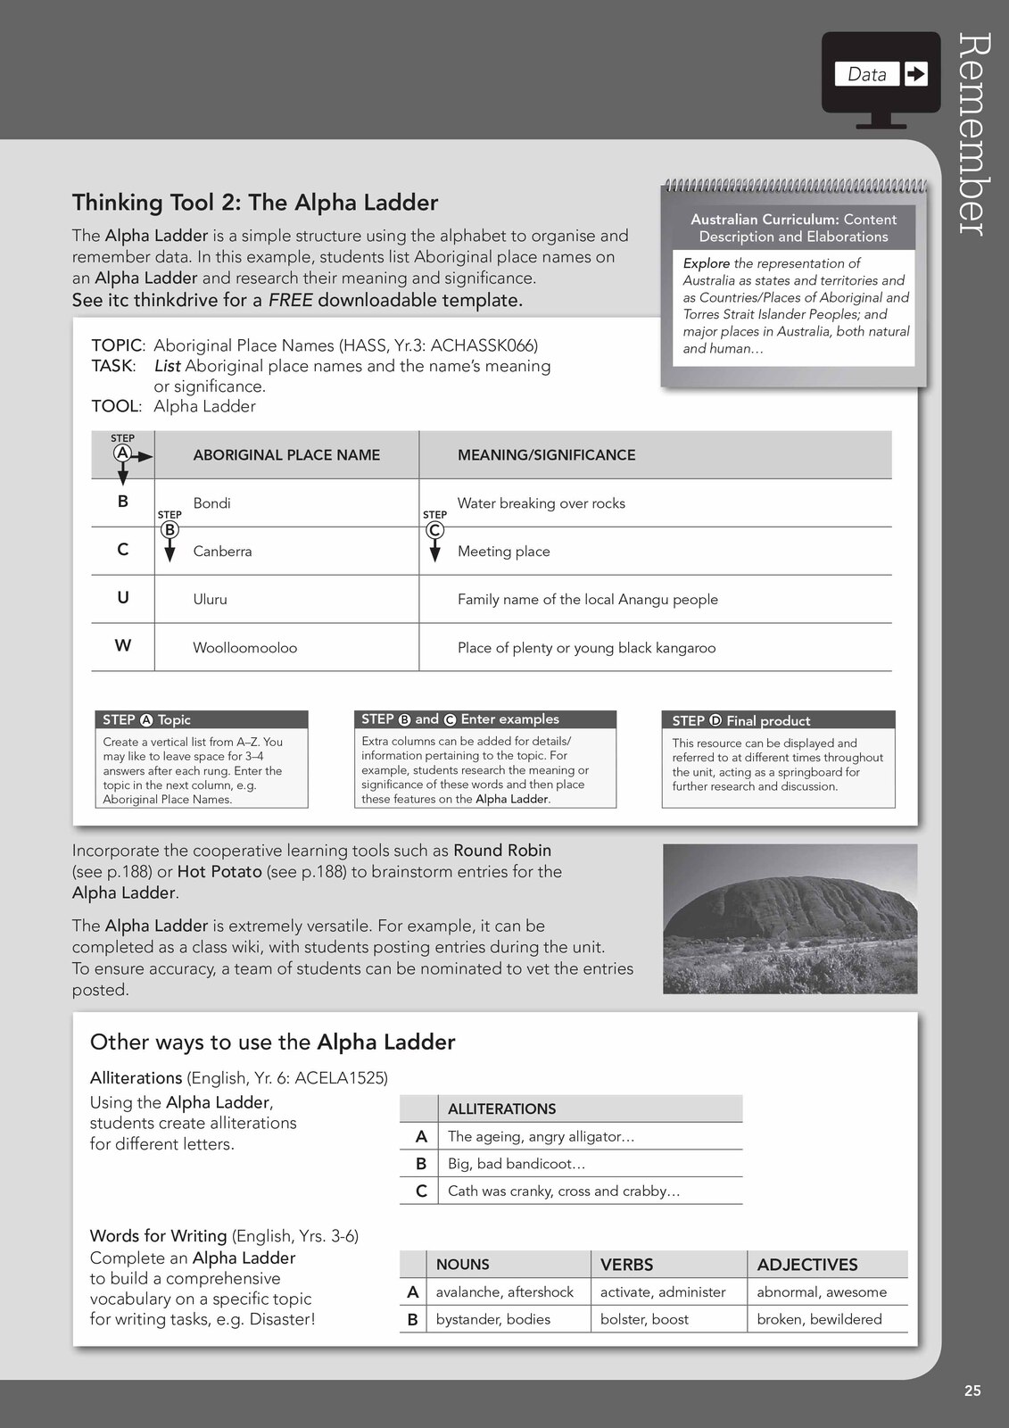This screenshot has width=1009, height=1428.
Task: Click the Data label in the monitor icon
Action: pos(866,74)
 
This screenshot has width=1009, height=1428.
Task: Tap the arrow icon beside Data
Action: pos(915,74)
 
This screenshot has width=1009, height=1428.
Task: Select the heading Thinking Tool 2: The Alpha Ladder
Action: pos(255,203)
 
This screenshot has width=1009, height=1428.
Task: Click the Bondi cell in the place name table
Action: pos(212,503)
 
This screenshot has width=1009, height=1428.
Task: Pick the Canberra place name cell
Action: pos(222,552)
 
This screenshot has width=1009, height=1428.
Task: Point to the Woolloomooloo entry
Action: pos(244,648)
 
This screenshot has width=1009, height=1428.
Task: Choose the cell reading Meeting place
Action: pos(503,552)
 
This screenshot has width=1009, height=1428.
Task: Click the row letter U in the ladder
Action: pos(123,598)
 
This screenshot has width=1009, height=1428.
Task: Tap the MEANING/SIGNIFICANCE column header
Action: pos(546,455)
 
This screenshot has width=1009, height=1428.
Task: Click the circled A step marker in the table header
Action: pos(122,453)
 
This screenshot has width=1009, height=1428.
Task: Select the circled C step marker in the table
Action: pos(434,529)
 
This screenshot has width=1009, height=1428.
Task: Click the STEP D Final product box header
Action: pos(778,720)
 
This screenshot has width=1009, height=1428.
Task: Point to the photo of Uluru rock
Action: pos(790,918)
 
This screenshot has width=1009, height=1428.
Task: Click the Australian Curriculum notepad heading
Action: pos(793,228)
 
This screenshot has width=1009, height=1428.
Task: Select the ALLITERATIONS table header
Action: pos(501,1109)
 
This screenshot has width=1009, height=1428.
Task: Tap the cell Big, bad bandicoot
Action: pos(517,1164)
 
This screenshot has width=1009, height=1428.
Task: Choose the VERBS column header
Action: pos(626,1265)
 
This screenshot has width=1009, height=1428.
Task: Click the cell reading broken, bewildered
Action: pos(819,1319)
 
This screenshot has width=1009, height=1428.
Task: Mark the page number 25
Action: pos(972,1391)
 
